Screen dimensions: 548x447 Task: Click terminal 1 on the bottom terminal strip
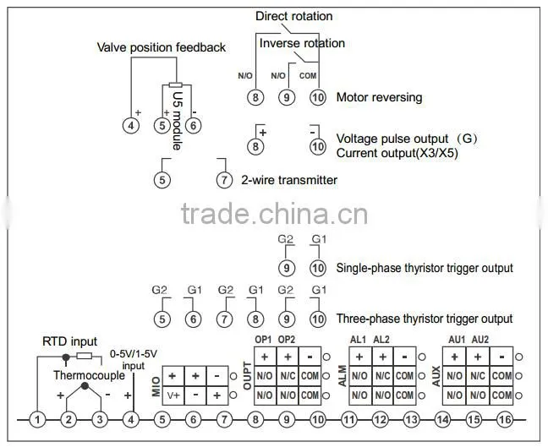[x=37, y=419]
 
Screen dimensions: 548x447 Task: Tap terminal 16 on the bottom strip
[x=505, y=419]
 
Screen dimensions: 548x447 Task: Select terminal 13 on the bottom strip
[x=411, y=419]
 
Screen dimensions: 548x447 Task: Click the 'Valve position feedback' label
[x=162, y=47]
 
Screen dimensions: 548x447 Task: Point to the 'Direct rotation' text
[x=294, y=16]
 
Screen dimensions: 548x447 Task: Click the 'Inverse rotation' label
[x=302, y=43]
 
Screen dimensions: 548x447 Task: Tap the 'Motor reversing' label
[x=379, y=97]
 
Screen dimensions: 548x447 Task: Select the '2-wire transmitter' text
[x=289, y=180]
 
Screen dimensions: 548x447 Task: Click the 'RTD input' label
[x=70, y=341]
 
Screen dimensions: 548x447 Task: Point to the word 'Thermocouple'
[x=89, y=375]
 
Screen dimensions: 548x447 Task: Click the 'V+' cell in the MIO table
[x=173, y=395]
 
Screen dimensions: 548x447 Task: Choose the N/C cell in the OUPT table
[x=288, y=376]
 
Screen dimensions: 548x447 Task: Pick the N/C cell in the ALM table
[x=383, y=376]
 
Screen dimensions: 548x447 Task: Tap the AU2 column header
[x=480, y=340]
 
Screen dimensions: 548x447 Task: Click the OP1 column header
[x=263, y=340]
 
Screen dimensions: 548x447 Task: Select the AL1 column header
[x=359, y=340]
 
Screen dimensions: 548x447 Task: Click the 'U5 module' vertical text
[x=178, y=121]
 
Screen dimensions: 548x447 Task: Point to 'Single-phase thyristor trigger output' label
[x=425, y=268]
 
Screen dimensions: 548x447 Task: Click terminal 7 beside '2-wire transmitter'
[x=224, y=180]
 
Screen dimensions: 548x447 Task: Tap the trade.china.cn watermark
[x=274, y=214]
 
